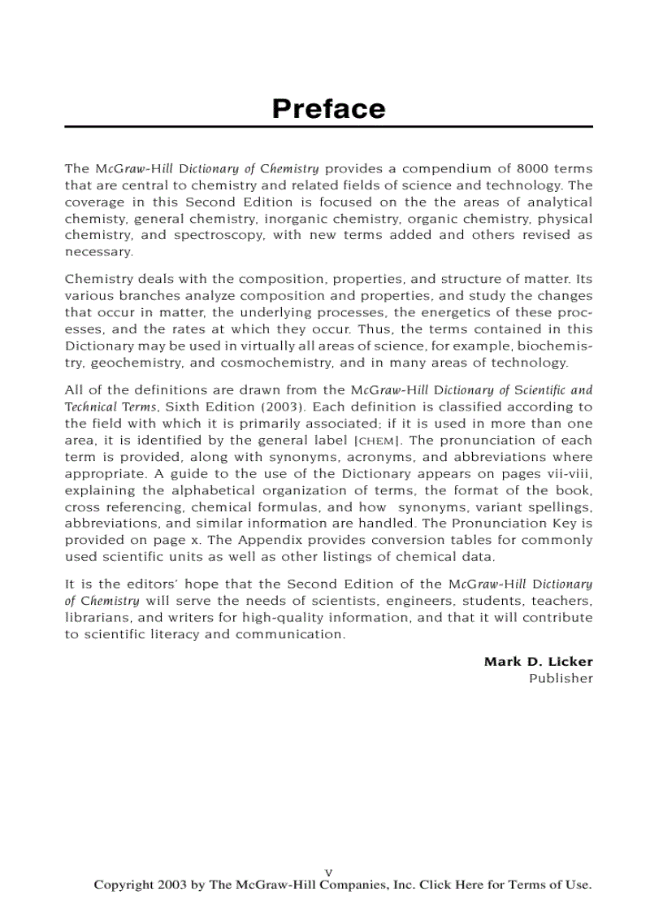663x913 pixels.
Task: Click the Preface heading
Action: click(328, 109)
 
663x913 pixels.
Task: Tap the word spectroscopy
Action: click(214, 236)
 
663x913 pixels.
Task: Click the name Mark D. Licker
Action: click(538, 662)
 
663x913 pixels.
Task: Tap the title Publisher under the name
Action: click(561, 679)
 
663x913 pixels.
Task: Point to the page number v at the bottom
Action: click(328, 872)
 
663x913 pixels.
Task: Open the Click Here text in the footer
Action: click(451, 885)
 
